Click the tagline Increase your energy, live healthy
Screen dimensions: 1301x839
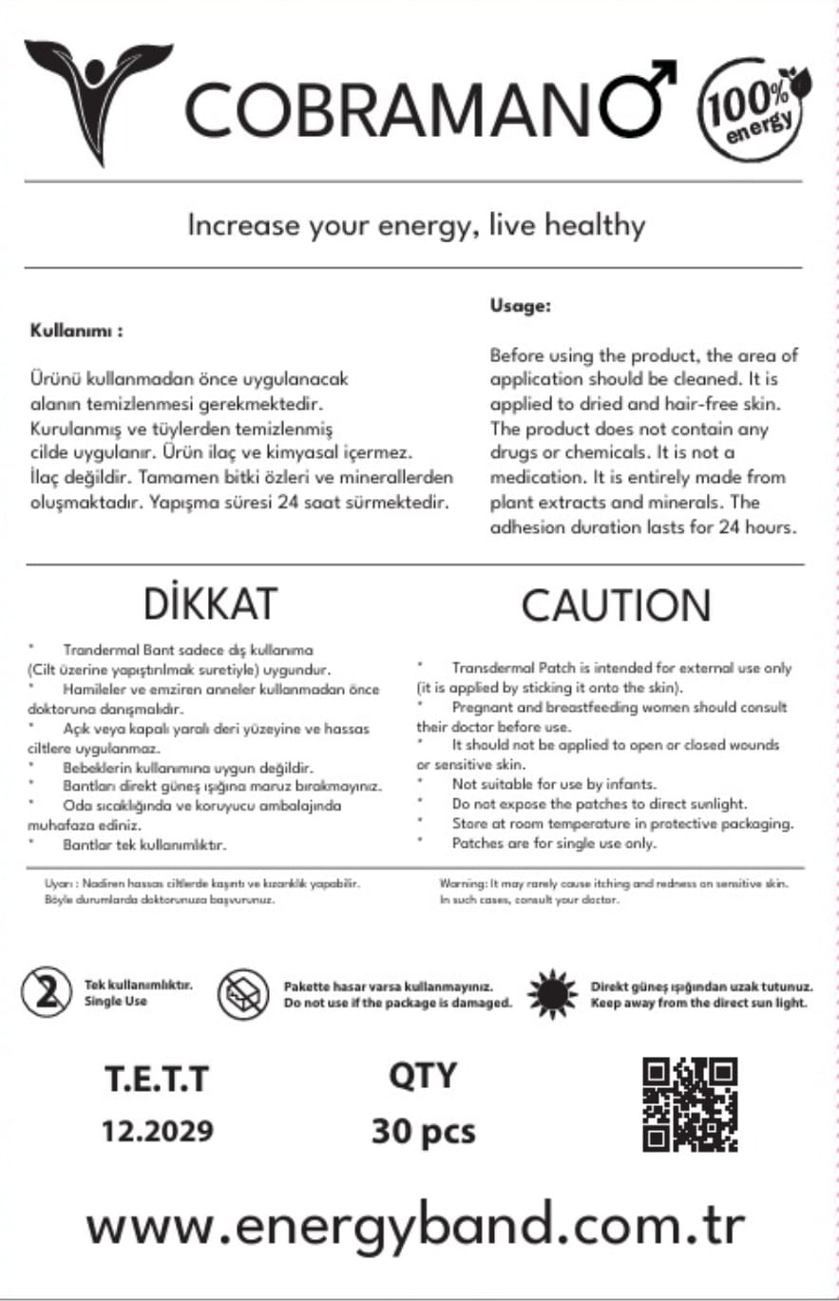[416, 226]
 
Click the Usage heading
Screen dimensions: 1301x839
[521, 306]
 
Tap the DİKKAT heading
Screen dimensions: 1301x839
[211, 603]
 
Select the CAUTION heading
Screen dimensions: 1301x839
[616, 605]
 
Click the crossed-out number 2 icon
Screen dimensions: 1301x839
[45, 993]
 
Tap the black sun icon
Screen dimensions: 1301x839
[552, 994]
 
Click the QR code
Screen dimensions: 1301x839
[690, 1103]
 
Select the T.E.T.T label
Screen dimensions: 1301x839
[157, 1081]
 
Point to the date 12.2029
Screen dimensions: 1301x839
[158, 1132]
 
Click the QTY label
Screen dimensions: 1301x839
[423, 1077]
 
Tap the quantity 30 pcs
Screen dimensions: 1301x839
[423, 1131]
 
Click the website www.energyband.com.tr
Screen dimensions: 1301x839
[416, 1225]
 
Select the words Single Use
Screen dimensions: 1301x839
[116, 1002]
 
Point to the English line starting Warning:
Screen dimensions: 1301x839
[614, 883]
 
